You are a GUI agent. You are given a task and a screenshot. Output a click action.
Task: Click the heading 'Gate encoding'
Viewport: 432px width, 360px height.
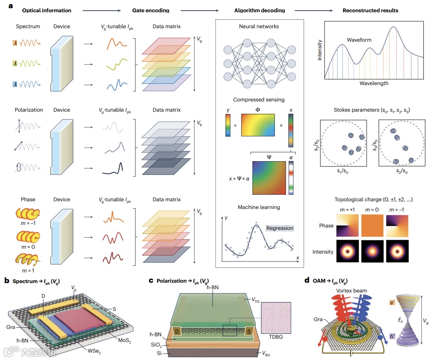151,10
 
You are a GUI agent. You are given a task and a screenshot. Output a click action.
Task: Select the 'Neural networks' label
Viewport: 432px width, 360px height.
259,27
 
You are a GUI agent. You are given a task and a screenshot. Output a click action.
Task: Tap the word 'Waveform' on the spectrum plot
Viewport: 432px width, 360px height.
359,40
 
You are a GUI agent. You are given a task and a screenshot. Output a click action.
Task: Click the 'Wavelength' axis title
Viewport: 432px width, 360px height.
374,83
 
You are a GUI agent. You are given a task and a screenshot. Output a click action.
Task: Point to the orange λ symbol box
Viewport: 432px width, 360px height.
15,42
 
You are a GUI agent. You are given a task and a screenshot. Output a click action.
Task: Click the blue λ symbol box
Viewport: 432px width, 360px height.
15,84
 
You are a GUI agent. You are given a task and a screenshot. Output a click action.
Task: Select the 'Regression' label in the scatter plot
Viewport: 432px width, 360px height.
280,228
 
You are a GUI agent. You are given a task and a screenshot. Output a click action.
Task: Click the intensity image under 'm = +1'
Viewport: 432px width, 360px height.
347,251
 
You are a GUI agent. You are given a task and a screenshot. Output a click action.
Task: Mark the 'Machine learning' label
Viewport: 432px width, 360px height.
259,207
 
